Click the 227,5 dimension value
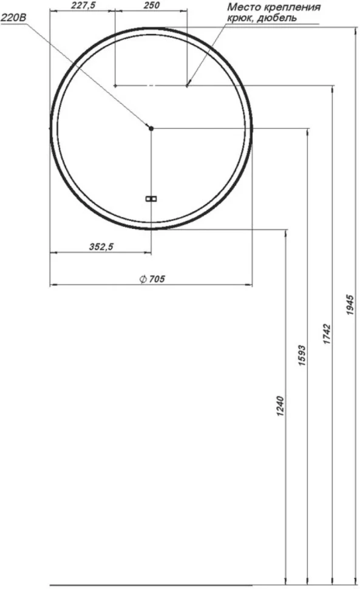(x=83, y=5)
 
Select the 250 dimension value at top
(x=151, y=5)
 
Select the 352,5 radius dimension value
(x=101, y=247)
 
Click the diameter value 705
(x=157, y=279)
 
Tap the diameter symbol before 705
(x=143, y=279)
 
